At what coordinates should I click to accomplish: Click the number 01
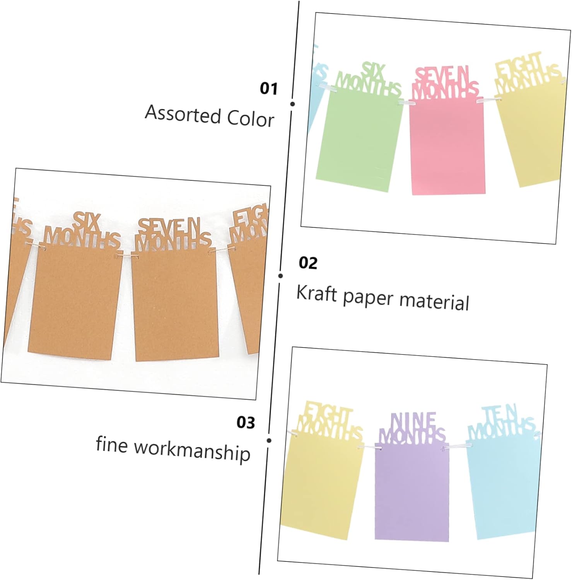point(269,89)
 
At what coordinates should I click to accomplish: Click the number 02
point(308,263)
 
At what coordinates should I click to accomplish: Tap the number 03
point(246,422)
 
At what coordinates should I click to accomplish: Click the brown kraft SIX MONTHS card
point(75,302)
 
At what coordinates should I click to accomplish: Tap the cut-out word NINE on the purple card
point(413,421)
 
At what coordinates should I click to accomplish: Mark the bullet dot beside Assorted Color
point(292,104)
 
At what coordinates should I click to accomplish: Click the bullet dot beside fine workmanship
point(269,440)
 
